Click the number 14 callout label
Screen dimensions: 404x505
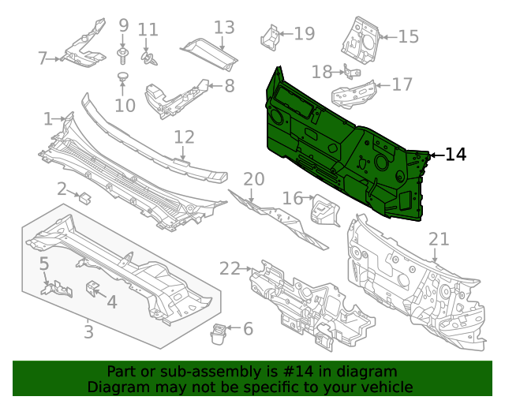pyautogui.click(x=456, y=155)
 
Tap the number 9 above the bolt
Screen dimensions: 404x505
pyautogui.click(x=123, y=26)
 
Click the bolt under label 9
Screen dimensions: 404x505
pyautogui.click(x=123, y=53)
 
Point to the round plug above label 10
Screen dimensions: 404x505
pyautogui.click(x=123, y=77)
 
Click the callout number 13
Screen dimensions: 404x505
pyautogui.click(x=224, y=28)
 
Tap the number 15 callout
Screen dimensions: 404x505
pyautogui.click(x=408, y=36)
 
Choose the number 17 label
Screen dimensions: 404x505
pyautogui.click(x=402, y=84)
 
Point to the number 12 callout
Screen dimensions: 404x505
pyautogui.click(x=184, y=137)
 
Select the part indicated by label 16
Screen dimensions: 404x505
pyautogui.click(x=323, y=211)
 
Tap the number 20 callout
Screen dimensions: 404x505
pyautogui.click(x=253, y=179)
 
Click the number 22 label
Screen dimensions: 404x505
pyautogui.click(x=230, y=268)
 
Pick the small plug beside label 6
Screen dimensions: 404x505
pyautogui.click(x=218, y=336)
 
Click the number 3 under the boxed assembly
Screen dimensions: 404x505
pyautogui.click(x=88, y=332)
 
